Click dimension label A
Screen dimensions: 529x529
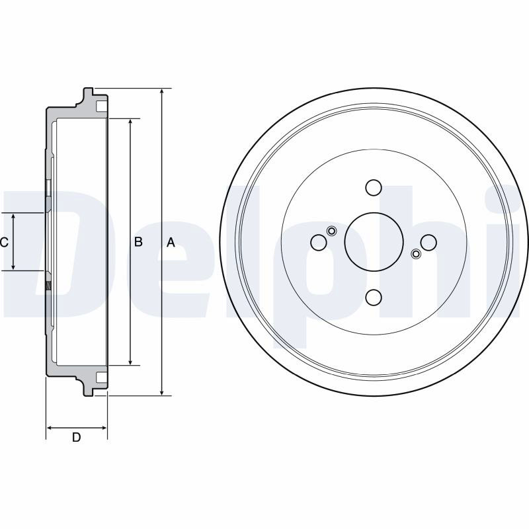pos(171,242)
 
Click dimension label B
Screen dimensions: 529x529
pos(138,241)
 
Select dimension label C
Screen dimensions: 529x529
pos(4,242)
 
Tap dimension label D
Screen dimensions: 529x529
pos(77,437)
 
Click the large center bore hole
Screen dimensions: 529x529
pos(374,242)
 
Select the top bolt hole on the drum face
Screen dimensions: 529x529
pos(374,188)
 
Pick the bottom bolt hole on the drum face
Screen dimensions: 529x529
pos(374,296)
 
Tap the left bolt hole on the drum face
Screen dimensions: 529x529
pos(319,242)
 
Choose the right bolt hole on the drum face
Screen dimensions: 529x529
pos(428,242)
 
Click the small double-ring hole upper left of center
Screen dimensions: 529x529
pos(332,231)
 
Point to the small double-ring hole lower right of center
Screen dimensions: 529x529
pos(416,254)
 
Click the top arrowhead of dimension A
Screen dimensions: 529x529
pos(162,92)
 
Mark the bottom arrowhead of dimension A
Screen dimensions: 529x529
pos(162,391)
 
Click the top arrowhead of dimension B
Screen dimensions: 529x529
pos(130,122)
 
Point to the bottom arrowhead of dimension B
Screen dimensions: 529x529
pos(130,361)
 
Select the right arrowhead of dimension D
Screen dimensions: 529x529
pos(103,428)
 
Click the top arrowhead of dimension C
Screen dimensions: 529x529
pos(13,217)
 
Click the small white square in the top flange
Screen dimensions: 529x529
pos(102,106)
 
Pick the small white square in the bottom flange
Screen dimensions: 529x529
pos(102,377)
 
